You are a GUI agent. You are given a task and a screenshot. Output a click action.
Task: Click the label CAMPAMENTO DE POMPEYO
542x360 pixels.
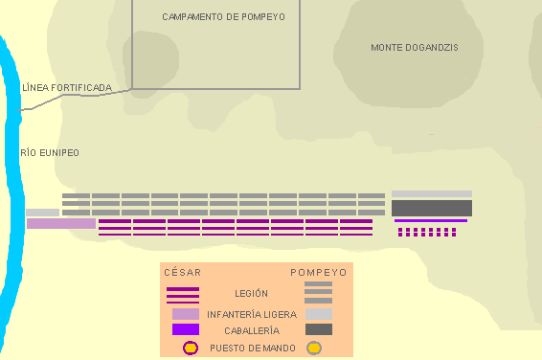[x=224, y=17]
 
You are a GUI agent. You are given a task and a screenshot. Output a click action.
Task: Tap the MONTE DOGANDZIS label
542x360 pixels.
[x=415, y=48]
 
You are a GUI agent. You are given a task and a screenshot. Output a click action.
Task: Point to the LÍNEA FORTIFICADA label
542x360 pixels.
[x=67, y=88]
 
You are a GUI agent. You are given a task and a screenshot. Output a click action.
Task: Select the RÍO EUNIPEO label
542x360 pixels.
[x=50, y=152]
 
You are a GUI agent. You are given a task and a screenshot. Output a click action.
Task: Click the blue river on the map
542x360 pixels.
[x=13, y=193]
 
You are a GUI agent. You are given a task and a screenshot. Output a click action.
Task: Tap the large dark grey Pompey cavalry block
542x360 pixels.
[x=432, y=208]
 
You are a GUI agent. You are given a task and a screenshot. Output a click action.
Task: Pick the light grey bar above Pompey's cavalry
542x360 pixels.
[x=432, y=193]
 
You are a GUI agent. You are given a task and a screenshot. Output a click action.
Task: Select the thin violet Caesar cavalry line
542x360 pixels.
[x=431, y=220]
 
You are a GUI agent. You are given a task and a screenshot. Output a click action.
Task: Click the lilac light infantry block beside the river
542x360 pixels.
[x=61, y=223]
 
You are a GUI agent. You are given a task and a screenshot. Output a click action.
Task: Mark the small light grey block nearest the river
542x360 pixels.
[x=42, y=213]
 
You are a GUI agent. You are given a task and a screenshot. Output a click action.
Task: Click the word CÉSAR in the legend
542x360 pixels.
[x=183, y=273]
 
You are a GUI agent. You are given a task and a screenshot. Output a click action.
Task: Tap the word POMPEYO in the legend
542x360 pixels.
[x=319, y=273]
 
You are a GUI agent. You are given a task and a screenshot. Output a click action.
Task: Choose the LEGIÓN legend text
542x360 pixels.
[x=251, y=294]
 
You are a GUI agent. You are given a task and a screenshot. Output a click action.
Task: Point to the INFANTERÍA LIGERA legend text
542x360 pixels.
[x=252, y=314]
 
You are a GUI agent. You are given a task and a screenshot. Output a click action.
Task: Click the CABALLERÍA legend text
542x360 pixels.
[x=252, y=331]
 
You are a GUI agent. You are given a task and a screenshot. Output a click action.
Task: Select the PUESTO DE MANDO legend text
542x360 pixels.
[x=253, y=348]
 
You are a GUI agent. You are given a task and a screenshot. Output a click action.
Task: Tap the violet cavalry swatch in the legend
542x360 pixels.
[x=186, y=329]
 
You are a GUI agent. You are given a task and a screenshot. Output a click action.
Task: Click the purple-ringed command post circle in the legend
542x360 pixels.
[x=191, y=348]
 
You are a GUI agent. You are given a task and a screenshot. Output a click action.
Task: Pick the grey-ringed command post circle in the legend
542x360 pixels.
[x=314, y=348]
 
